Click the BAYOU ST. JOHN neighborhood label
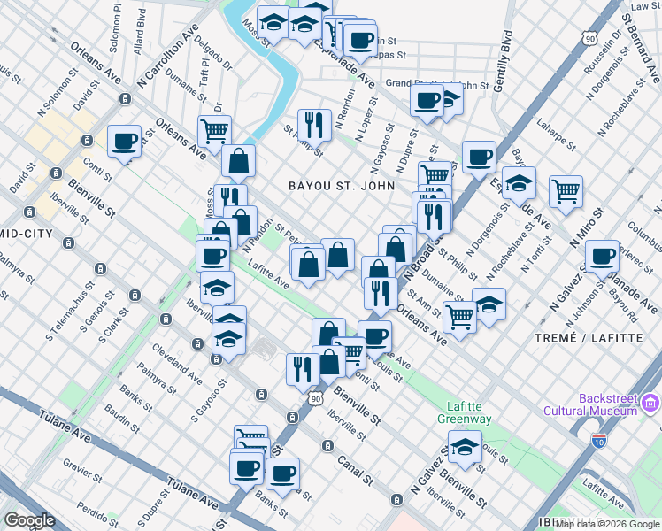pyautogui.click(x=337, y=185)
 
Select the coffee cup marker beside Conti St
pyautogui.click(x=124, y=141)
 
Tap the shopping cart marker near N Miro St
pyautogui.click(x=565, y=189)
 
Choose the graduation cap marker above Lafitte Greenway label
pyautogui.click(x=465, y=447)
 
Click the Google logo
pyautogui.click(x=29, y=520)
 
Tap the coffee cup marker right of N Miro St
pyautogui.click(x=603, y=258)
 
